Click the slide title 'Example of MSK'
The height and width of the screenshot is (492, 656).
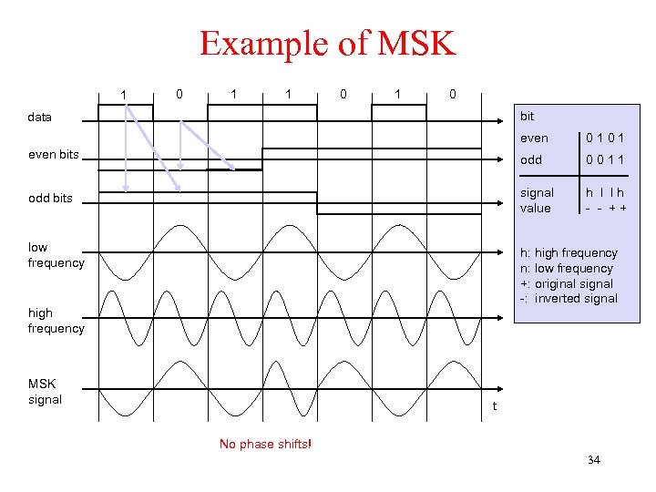pos(327,44)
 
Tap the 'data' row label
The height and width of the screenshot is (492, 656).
pos(40,117)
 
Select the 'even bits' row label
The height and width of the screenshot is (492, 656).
pos(54,154)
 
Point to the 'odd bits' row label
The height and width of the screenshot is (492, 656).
pos(50,198)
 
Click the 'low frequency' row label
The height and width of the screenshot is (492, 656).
pos(56,255)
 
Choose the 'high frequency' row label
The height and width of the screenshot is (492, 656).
pos(56,321)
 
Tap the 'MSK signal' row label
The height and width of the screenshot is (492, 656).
pos(45,392)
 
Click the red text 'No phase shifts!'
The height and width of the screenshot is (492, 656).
pos(265,445)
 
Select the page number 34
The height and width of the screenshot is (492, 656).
pos(594,460)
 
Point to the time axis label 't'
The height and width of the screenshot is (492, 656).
pos(495,406)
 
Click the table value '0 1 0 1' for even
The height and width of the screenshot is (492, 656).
pos(605,138)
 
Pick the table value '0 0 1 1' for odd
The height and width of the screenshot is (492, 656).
pos(605,159)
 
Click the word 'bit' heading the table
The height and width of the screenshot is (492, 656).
pos(526,117)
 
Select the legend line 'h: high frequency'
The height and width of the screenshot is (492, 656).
pos(568,252)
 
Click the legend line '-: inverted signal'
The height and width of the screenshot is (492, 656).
pos(568,299)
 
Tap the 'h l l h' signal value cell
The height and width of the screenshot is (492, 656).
pos(605,192)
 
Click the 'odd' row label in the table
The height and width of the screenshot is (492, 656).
pos(530,159)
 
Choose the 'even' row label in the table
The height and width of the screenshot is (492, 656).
pos(534,138)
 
